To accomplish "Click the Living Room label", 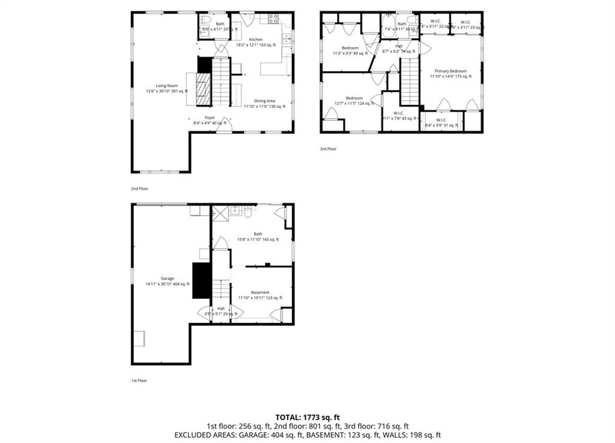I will [166, 86].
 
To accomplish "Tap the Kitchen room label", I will [256, 40].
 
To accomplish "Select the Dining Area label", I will [264, 101].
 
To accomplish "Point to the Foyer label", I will [210, 118].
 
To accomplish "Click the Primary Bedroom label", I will [450, 71].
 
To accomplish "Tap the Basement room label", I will [260, 292].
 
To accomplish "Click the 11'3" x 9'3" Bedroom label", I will [350, 48].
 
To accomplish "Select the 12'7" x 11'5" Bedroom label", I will [354, 98].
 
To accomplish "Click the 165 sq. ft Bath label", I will [258, 234].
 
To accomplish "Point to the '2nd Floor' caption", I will [139, 188].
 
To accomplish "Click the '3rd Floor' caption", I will [328, 149].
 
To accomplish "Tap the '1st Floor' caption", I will [139, 381].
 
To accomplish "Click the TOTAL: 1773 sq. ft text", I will [307, 417].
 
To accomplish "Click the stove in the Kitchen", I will [273, 18].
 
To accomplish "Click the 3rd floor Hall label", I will [399, 46].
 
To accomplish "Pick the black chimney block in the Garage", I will [201, 280].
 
